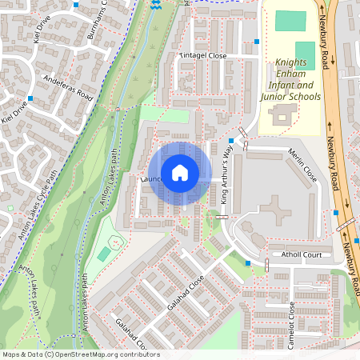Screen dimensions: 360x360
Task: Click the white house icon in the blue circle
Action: click(x=180, y=173)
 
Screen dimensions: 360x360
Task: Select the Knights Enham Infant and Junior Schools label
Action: click(x=290, y=79)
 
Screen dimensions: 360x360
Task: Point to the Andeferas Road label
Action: click(x=69, y=87)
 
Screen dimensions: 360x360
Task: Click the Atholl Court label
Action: click(x=300, y=255)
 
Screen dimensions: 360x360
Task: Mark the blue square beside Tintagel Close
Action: click(x=257, y=41)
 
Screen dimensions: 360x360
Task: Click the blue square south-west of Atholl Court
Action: click(x=249, y=262)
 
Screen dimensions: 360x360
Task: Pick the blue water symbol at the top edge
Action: click(x=155, y=5)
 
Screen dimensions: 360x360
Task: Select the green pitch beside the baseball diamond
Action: click(x=105, y=254)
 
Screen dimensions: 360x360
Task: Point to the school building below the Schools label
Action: click(x=282, y=117)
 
